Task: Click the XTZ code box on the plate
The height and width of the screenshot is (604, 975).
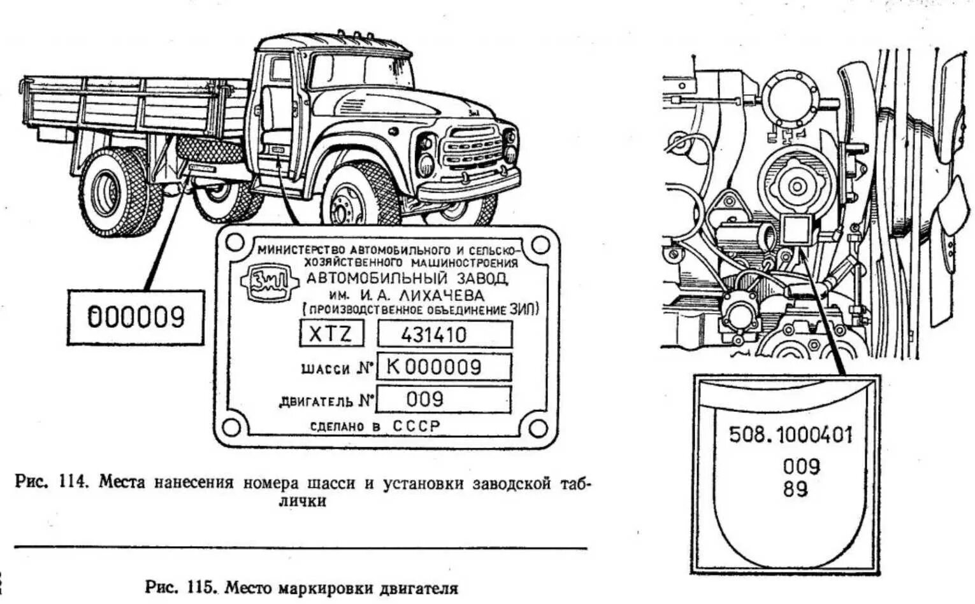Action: (331, 334)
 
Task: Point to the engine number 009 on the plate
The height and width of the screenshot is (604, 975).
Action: (425, 399)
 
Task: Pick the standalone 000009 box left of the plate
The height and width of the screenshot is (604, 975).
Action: (136, 317)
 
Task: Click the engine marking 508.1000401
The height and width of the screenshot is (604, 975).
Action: (790, 435)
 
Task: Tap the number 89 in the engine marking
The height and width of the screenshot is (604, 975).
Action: (795, 489)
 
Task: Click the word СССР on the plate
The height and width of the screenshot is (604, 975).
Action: (415, 426)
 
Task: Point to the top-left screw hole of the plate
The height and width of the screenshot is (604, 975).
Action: (234, 242)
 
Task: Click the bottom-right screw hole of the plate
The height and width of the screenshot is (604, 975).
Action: (538, 428)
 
